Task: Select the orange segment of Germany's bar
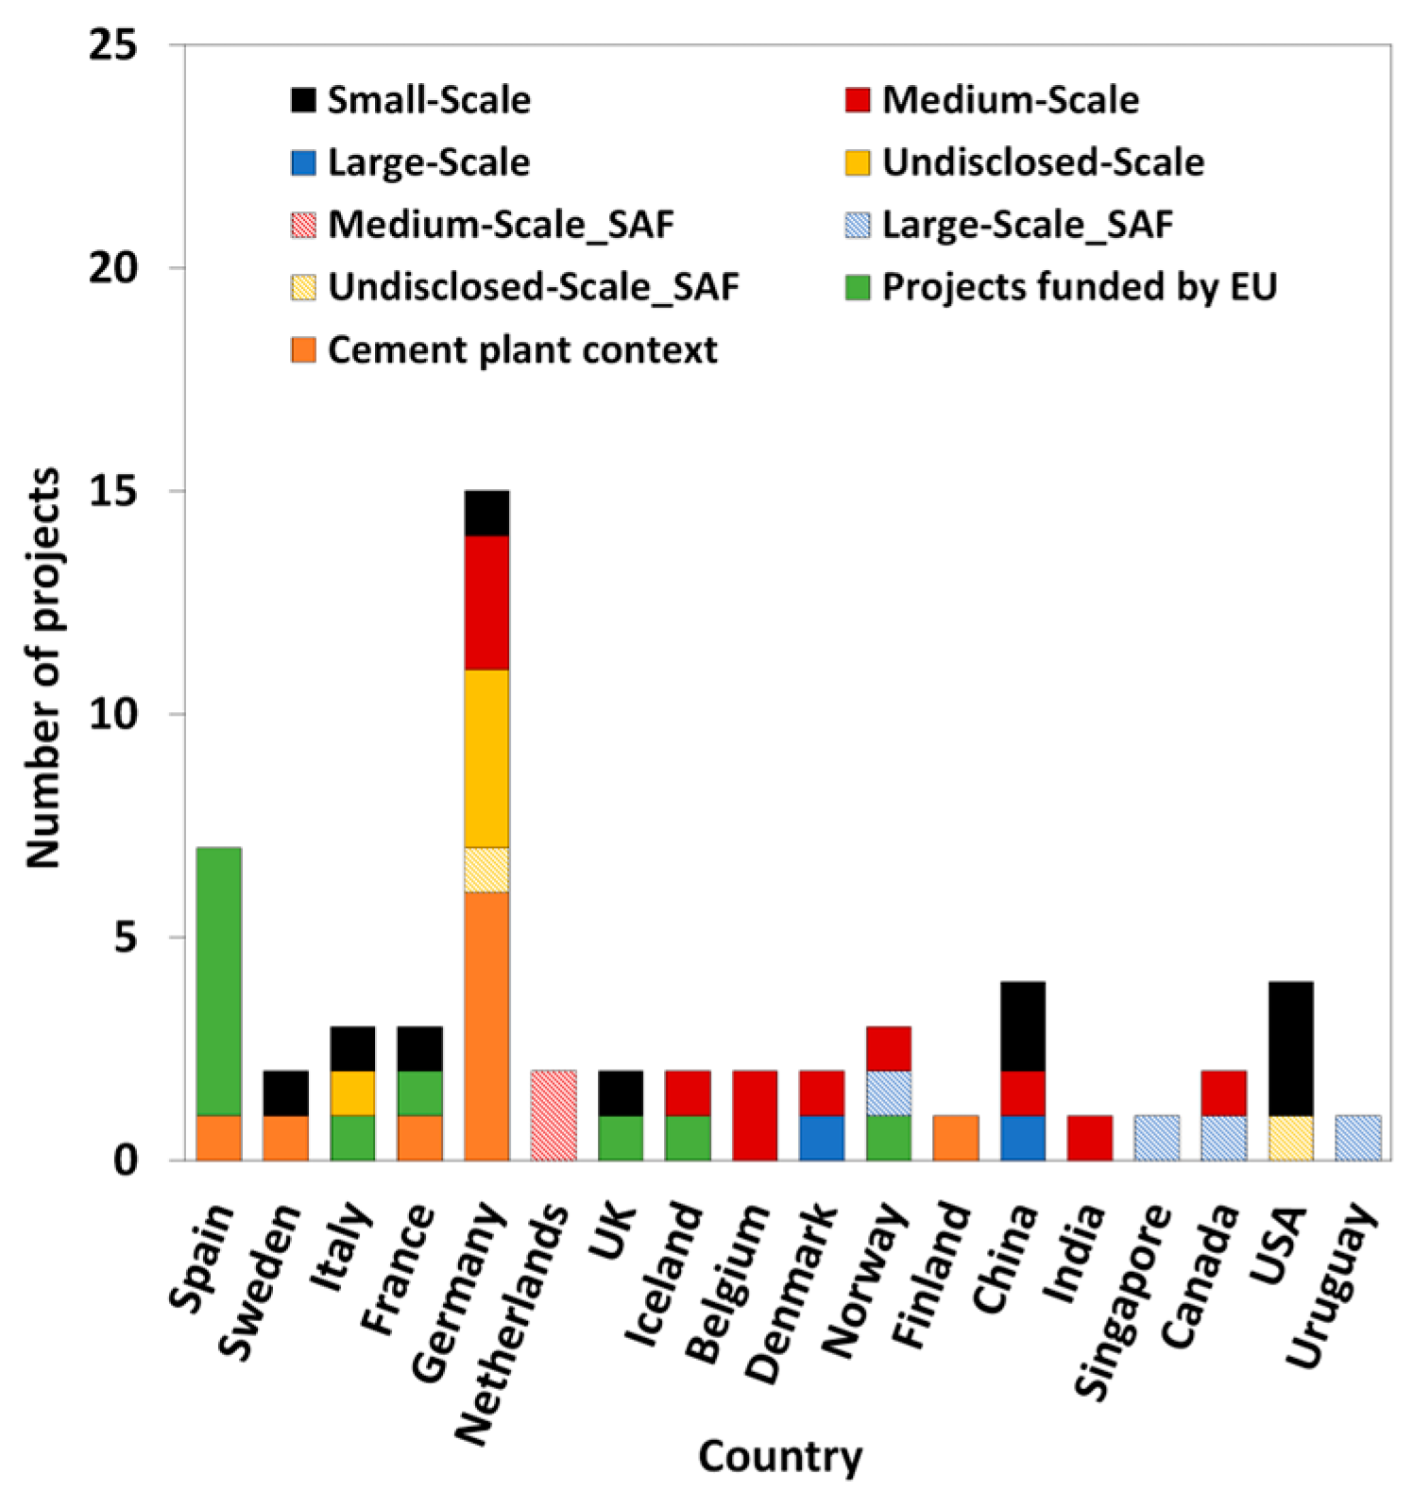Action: click(486, 1025)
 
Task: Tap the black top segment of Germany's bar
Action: click(486, 513)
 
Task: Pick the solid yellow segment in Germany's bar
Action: click(486, 757)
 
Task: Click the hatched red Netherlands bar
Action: click(553, 1114)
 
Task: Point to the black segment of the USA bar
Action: click(1290, 1048)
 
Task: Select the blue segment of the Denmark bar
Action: click(822, 1137)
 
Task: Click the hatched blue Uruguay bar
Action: click(1357, 1137)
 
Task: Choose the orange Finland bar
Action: click(956, 1137)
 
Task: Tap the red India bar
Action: click(1089, 1137)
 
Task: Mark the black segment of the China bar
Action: click(1022, 1025)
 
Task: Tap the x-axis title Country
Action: click(780, 1455)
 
